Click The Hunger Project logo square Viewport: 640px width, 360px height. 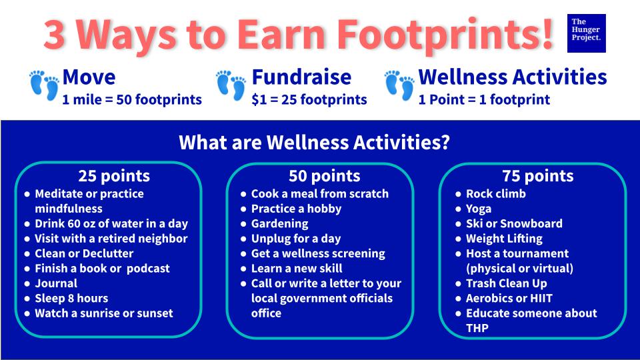586,33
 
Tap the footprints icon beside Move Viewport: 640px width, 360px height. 44,85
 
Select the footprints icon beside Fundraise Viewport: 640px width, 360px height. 231,85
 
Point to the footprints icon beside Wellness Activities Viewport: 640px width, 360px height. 399,85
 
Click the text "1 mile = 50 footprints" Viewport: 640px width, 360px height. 132,99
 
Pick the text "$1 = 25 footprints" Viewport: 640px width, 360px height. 309,99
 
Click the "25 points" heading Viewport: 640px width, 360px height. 114,176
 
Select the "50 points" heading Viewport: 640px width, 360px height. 325,176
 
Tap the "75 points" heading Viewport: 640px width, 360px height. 538,176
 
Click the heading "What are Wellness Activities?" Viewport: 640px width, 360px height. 314,142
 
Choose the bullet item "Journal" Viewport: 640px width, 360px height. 56,283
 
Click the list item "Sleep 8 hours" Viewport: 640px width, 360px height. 71,299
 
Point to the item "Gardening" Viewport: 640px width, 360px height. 279,224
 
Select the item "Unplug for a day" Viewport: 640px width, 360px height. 296,239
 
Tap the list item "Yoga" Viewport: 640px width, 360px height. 479,209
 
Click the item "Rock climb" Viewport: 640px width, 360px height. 496,194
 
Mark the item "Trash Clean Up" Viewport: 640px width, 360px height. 507,283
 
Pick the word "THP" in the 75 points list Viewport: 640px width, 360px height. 477,328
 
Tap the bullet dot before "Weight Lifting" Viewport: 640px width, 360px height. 458,239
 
